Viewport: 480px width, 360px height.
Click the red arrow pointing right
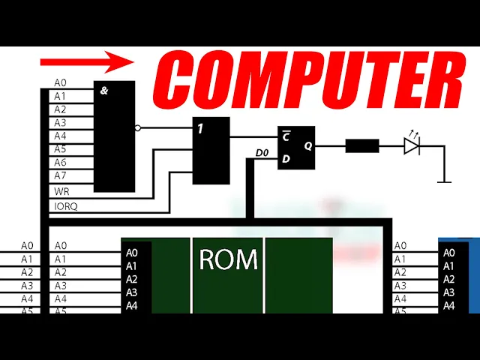coord(85,61)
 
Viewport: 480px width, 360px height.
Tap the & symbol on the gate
coord(103,91)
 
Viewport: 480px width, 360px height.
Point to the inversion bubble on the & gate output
coord(138,128)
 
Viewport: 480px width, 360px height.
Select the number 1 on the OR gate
coord(201,128)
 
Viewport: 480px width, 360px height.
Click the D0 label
coord(262,153)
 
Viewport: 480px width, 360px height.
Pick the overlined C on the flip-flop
coord(286,137)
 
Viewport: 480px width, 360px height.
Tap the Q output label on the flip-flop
coord(307,146)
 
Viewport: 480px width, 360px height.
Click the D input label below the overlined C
coord(286,159)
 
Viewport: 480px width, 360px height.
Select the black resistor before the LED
coord(361,146)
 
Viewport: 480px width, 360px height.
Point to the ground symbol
coord(444,181)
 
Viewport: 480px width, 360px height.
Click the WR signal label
coord(61,191)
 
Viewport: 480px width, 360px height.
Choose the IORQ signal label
coord(66,205)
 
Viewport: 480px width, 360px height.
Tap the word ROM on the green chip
coord(228,259)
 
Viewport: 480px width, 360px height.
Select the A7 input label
coord(60,175)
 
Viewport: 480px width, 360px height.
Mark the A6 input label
coord(60,162)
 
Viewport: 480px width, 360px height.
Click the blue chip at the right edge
coord(459,274)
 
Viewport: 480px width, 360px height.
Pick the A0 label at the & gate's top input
coord(60,82)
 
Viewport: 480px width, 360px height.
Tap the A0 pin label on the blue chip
coord(448,253)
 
